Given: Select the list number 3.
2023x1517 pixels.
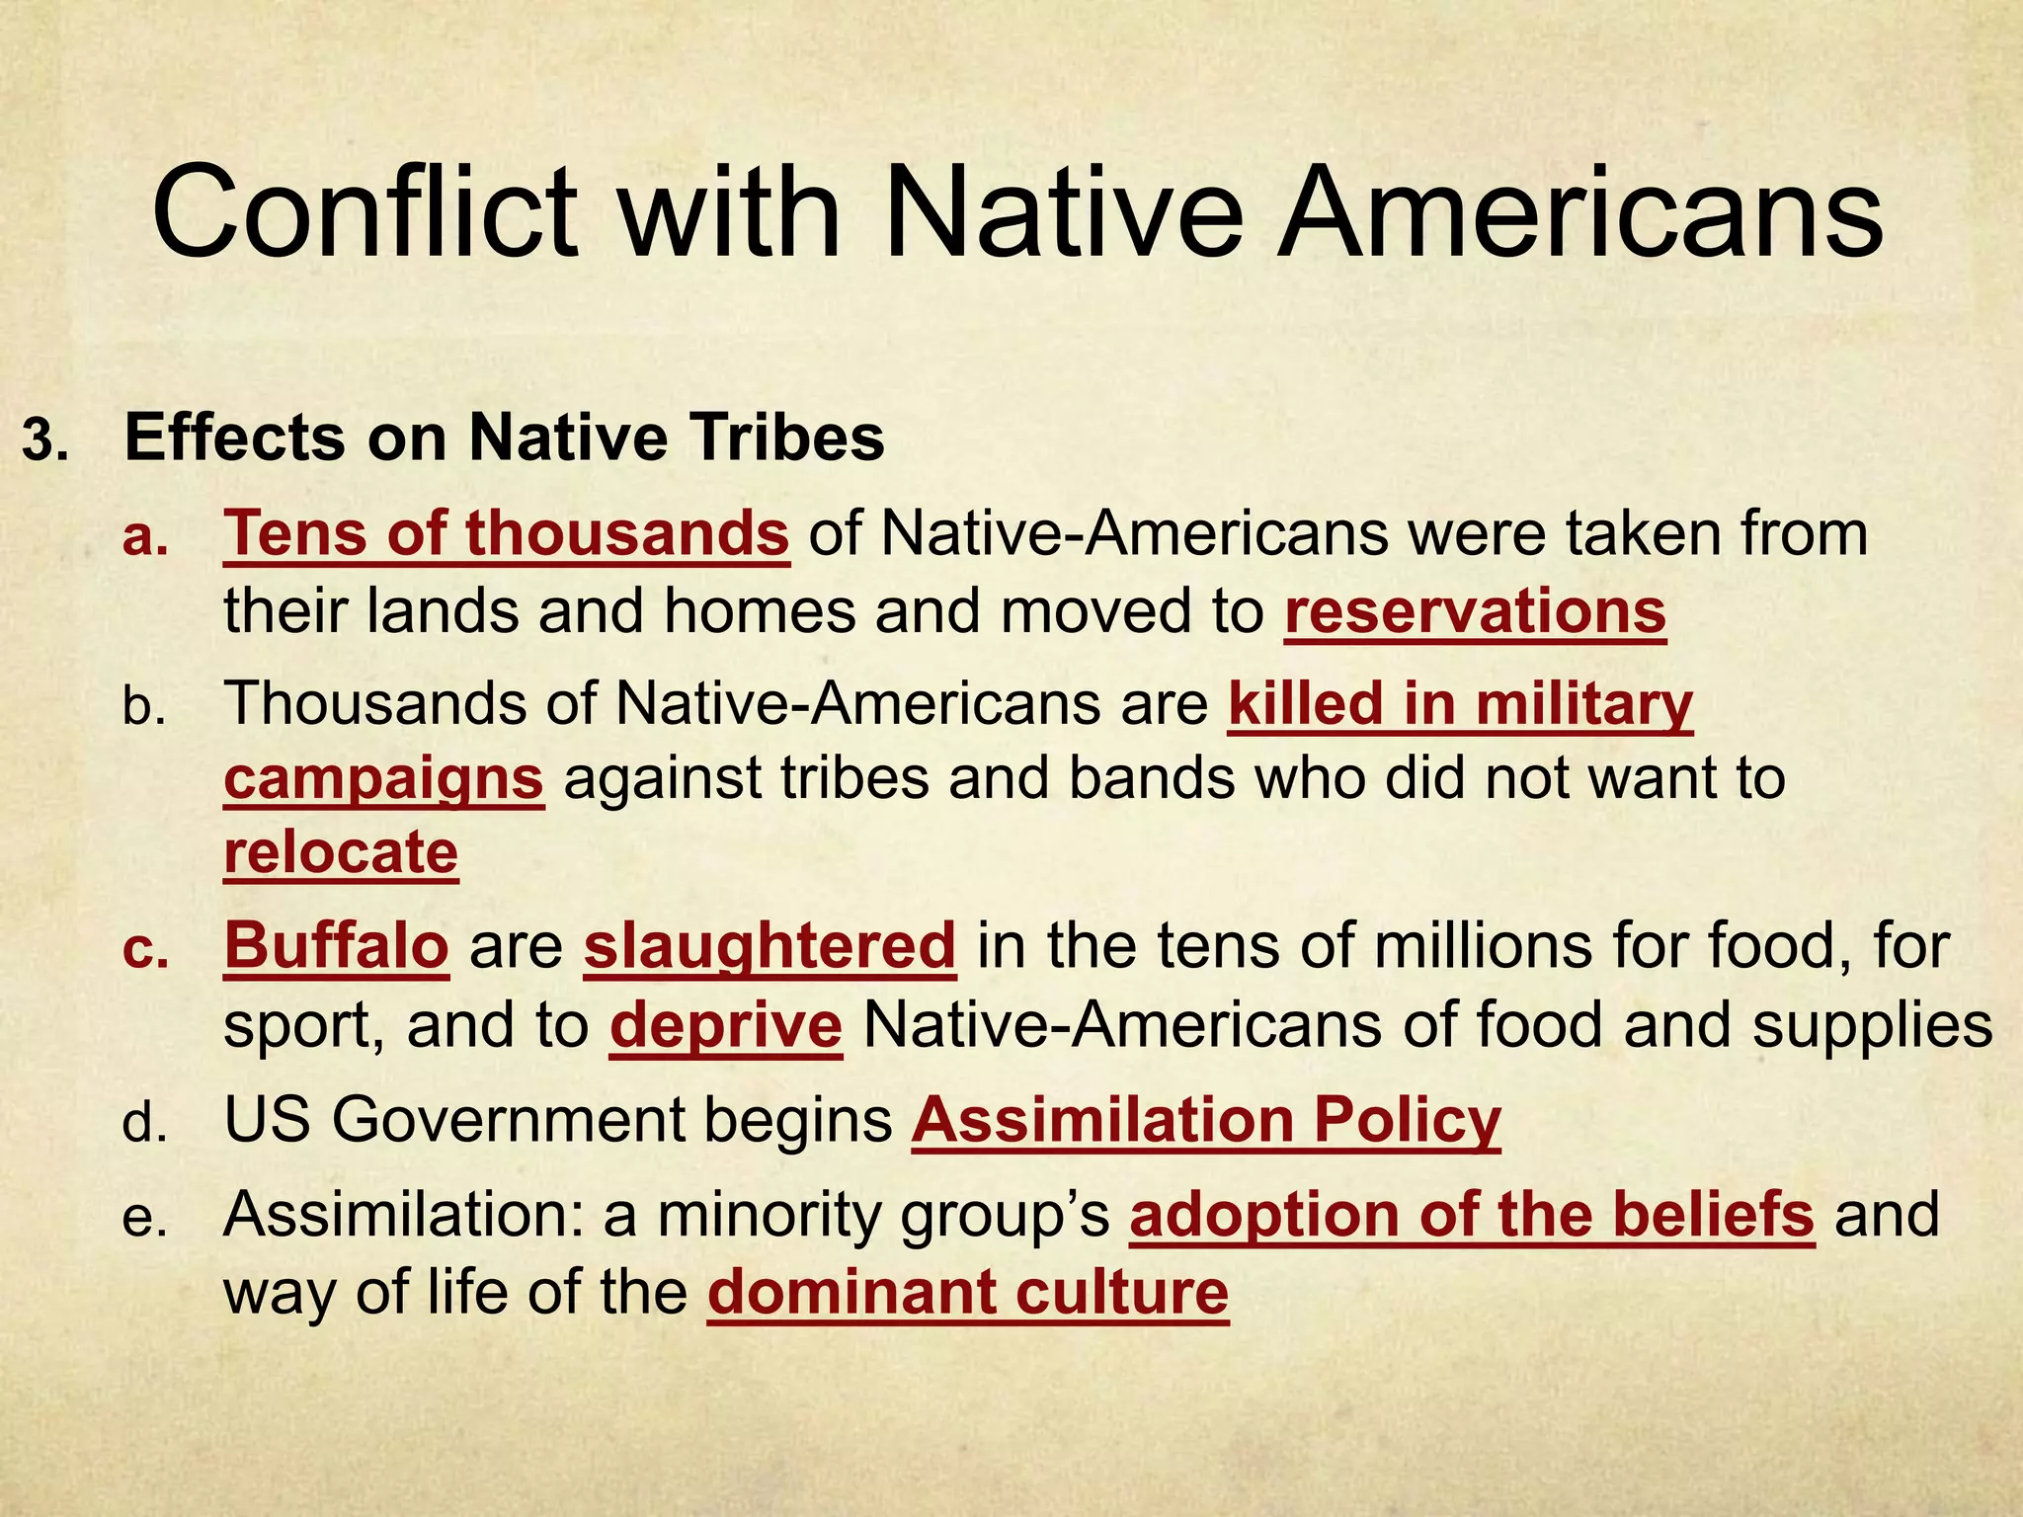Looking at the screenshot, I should [45, 440].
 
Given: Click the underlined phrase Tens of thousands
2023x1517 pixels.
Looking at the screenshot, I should [506, 534].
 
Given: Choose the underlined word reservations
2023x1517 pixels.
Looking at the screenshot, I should [1475, 612].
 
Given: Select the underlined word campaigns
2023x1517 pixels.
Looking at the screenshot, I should [383, 778].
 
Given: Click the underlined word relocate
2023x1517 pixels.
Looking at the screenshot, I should [341, 851].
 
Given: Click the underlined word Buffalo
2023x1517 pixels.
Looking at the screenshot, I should [337, 945].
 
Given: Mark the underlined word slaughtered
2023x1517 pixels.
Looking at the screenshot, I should [769, 945].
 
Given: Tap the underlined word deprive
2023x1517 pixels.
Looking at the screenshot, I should [726, 1026].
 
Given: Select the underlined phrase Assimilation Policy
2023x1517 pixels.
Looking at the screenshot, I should [1206, 1121].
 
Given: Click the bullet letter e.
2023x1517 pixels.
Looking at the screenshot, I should [145, 1219].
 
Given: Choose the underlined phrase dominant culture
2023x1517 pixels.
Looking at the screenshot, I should [968, 1292].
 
